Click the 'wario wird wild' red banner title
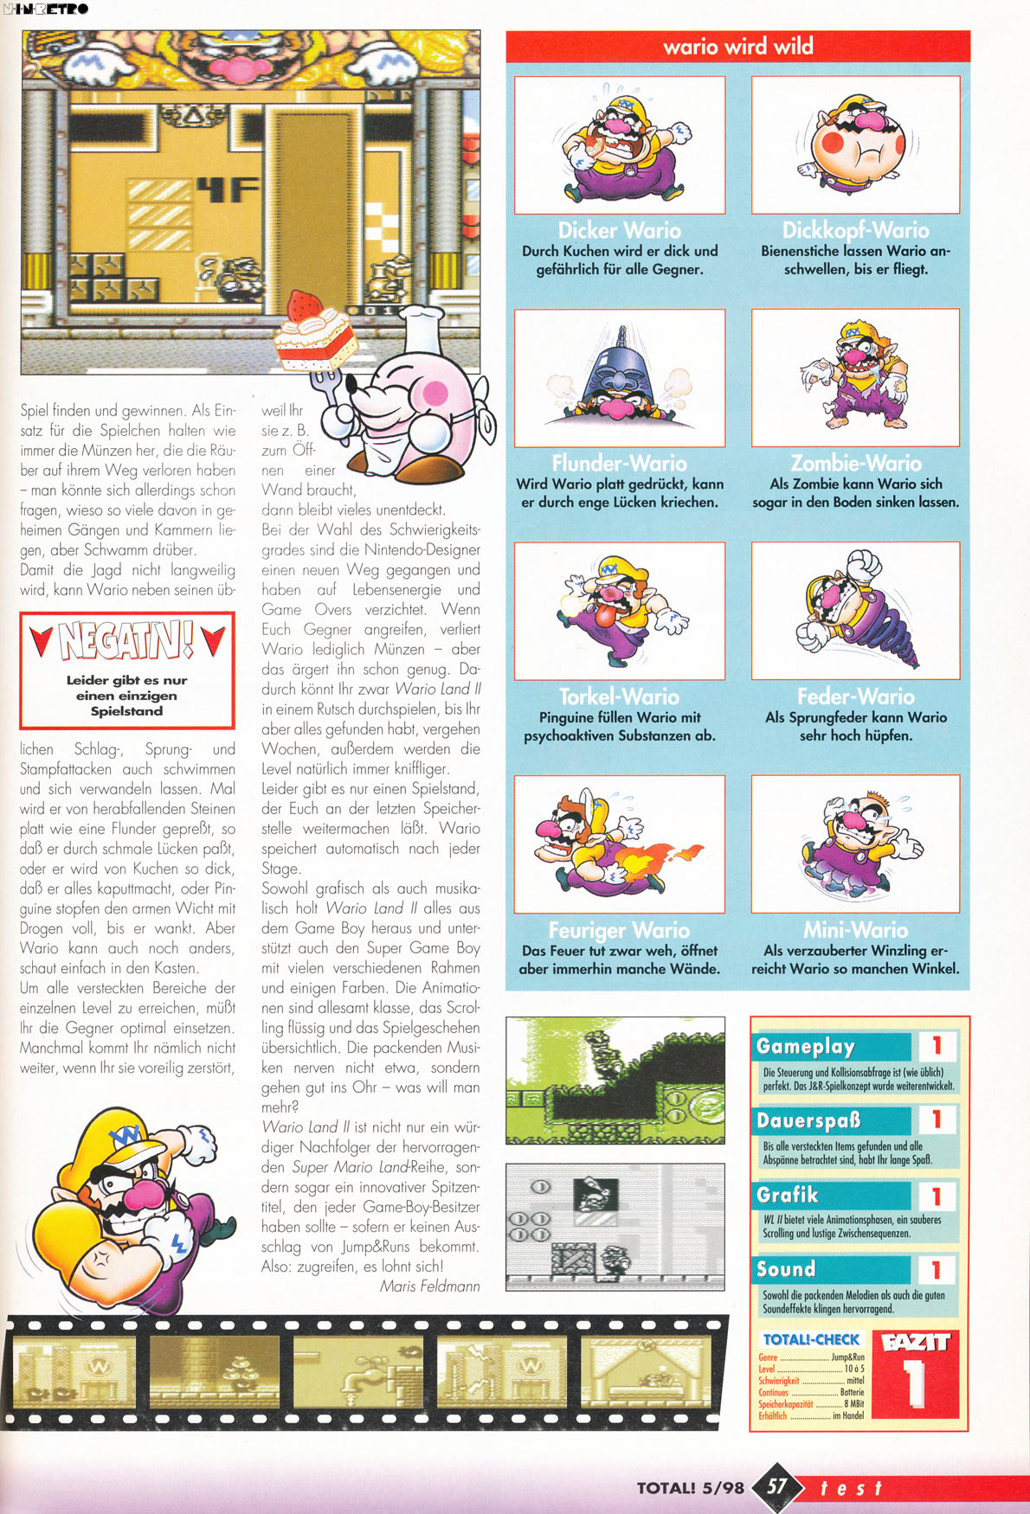(x=737, y=46)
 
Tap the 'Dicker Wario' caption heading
(x=619, y=230)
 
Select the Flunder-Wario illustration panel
(x=619, y=378)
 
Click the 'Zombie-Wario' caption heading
(x=855, y=463)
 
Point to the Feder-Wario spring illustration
(x=855, y=610)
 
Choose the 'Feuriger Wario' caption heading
(x=619, y=930)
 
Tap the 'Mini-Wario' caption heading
(x=855, y=930)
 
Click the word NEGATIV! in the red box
(x=126, y=640)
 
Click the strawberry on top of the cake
(x=303, y=305)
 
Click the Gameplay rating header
(x=805, y=1046)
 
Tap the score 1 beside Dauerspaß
(x=936, y=1119)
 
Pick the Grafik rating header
(x=787, y=1195)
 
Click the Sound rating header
(x=786, y=1269)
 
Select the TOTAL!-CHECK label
(x=811, y=1339)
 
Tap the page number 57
(x=776, y=1486)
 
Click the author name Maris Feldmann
(x=429, y=1286)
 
